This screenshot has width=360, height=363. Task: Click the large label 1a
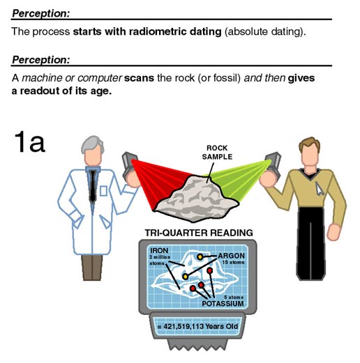[x=29, y=141]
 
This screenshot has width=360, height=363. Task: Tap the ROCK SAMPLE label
[x=217, y=153]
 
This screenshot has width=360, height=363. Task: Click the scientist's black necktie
[x=93, y=187]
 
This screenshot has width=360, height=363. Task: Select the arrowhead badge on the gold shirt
[x=319, y=188]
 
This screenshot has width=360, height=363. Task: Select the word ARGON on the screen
[x=231, y=256]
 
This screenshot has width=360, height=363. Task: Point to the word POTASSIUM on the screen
[x=223, y=304]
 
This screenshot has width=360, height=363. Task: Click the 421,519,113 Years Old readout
[x=198, y=326]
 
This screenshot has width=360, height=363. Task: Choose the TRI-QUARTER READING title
[x=199, y=233]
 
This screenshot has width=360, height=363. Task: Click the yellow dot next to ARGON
[x=200, y=257]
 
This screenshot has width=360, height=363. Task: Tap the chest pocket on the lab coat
[x=103, y=191]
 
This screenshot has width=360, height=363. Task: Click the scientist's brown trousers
[x=92, y=268]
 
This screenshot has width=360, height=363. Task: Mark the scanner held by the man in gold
[x=273, y=164]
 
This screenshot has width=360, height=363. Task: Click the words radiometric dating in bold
[x=175, y=31]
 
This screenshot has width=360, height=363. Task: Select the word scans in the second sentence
[x=139, y=78]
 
